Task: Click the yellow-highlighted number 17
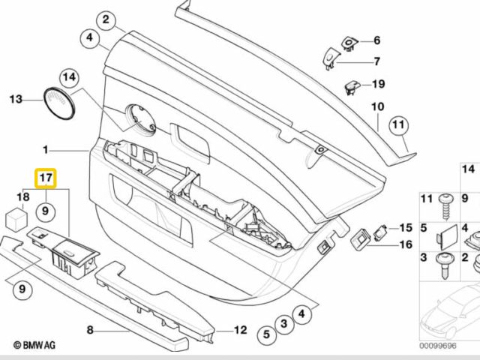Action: [46, 178]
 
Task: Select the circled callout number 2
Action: [106, 19]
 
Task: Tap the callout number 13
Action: [16, 99]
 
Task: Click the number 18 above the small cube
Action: [23, 197]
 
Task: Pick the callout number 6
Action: [377, 40]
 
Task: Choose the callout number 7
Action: [377, 61]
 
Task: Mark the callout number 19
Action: [378, 84]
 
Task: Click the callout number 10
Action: [377, 106]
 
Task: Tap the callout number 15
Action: [406, 226]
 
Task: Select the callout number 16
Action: [406, 244]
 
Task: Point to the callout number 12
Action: [240, 328]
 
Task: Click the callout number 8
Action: [89, 328]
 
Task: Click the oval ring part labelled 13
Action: [58, 101]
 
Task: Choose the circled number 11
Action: [397, 124]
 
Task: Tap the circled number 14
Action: [69, 76]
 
